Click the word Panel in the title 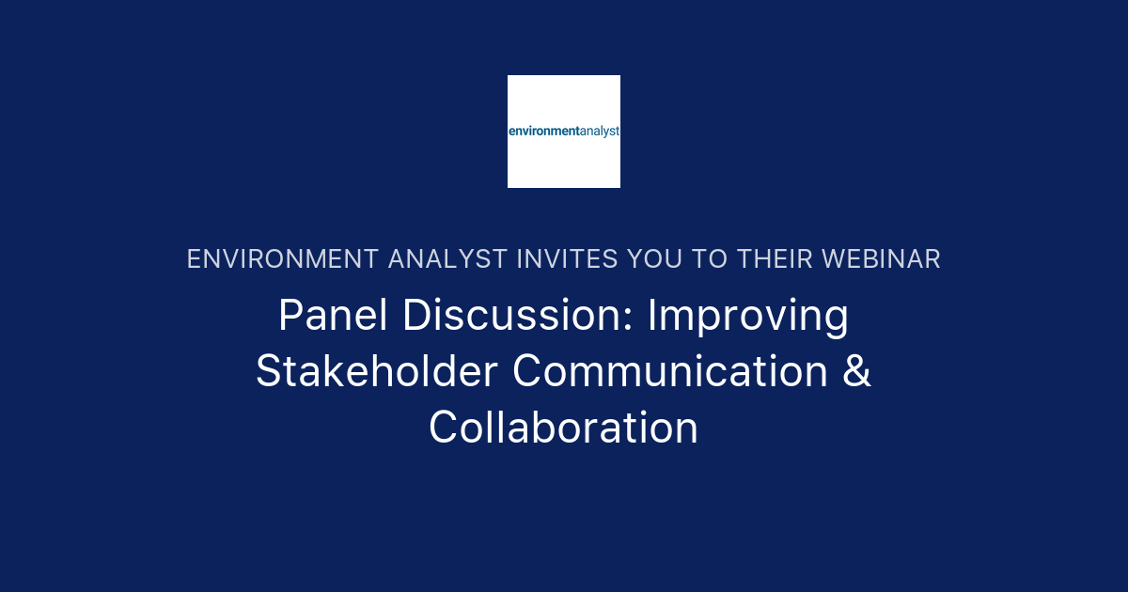[x=333, y=316]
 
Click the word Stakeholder [x=376, y=371]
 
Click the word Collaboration [x=564, y=428]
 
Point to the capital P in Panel [x=290, y=316]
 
